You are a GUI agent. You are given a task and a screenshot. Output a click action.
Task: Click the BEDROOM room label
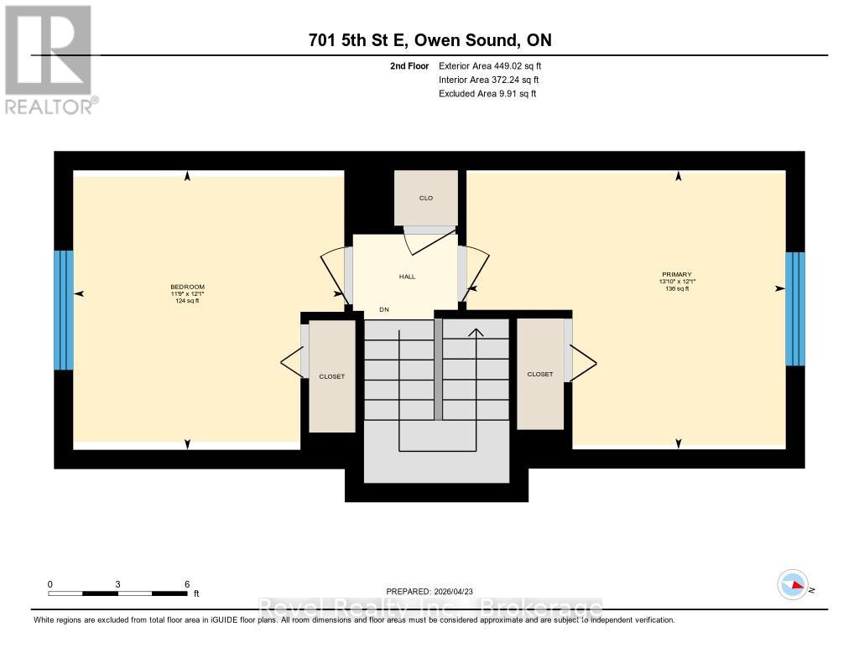pos(187,287)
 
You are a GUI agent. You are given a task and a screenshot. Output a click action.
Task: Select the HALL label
pos(407,277)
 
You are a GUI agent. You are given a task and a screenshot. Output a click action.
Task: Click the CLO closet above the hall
pos(426,198)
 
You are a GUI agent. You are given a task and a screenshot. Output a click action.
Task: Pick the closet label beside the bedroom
pos(331,376)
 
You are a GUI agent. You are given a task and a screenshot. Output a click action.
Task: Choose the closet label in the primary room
pos(540,375)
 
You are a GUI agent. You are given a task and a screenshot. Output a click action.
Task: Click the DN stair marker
pos(384,310)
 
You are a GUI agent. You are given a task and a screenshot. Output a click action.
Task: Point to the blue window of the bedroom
pos(64,310)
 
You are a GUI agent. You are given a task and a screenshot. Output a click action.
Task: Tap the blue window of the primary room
pos(794,308)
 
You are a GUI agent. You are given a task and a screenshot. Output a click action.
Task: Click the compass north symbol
pos(793,584)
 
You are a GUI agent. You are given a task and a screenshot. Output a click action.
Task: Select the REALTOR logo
pos(49,59)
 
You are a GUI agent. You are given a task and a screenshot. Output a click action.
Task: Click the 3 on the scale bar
pos(118,584)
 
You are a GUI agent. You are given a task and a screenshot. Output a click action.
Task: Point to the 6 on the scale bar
pos(187,584)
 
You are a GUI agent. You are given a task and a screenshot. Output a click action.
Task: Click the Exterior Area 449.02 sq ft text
pos(496,65)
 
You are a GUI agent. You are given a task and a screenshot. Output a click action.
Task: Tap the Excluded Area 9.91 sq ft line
pos(487,94)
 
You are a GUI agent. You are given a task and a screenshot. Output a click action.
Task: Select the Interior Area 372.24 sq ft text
pos(488,80)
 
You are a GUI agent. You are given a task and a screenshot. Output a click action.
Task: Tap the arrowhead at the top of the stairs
pos(476,332)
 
